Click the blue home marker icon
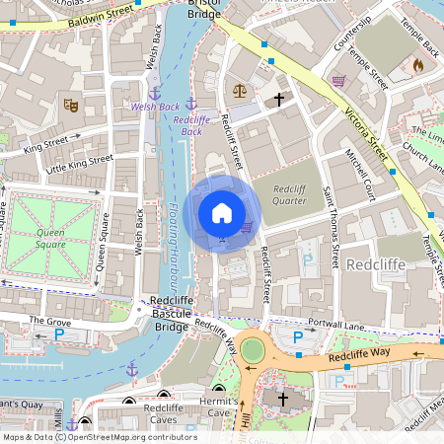222,213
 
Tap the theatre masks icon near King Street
70,103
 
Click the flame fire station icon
416,66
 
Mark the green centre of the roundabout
254,349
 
